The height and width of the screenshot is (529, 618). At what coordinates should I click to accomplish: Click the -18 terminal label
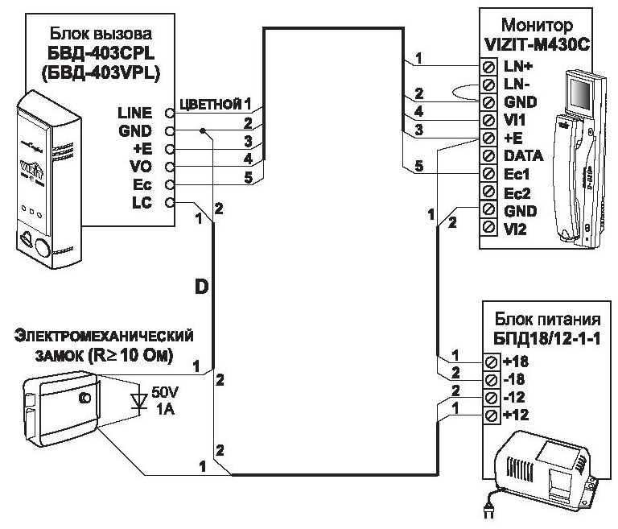tap(513, 378)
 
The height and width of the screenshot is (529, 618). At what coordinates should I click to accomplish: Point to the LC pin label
tap(142, 203)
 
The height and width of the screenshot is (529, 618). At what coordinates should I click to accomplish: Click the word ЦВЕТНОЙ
tap(211, 104)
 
